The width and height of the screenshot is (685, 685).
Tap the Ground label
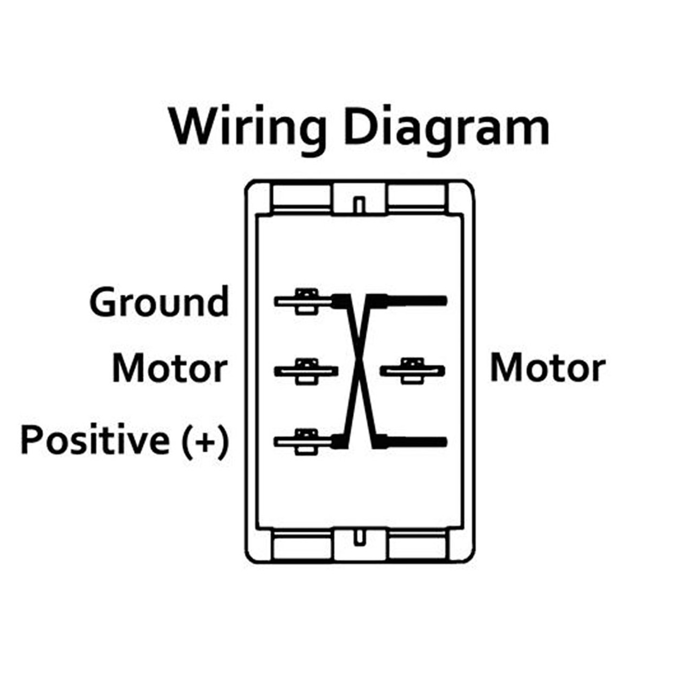[x=159, y=302]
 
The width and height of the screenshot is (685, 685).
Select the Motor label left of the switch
[x=170, y=369]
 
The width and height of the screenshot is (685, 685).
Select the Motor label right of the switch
[x=547, y=369]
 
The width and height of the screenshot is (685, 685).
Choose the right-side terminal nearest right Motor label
[x=412, y=370]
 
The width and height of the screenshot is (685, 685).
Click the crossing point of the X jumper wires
[x=359, y=369]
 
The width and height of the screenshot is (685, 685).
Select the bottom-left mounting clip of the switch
[x=301, y=546]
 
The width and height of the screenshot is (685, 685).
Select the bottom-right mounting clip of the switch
[x=417, y=546]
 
